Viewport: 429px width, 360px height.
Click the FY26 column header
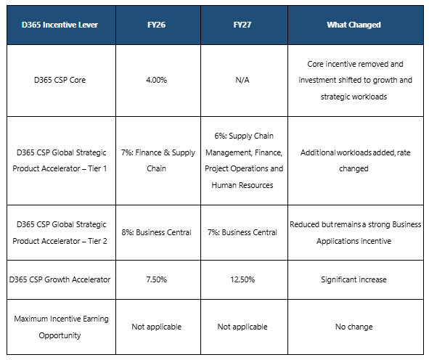(157, 25)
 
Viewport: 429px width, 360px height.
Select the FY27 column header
(242, 25)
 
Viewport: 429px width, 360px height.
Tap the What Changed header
(354, 25)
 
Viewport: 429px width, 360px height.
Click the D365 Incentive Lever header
(60, 25)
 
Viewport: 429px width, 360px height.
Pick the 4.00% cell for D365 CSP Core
(157, 80)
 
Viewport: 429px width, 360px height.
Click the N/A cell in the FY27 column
(242, 80)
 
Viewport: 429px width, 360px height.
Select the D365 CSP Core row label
(60, 80)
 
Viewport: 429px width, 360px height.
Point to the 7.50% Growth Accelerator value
(157, 279)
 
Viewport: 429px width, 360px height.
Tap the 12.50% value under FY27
(242, 279)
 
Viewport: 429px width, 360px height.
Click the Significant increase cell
(354, 279)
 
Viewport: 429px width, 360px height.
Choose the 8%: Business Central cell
(157, 232)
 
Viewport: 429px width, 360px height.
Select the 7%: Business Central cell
(242, 232)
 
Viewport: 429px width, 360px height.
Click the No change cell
(354, 327)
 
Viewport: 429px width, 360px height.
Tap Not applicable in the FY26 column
(157, 327)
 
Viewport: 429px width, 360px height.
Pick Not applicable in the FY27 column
(242, 327)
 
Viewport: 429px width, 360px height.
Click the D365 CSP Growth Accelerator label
(60, 279)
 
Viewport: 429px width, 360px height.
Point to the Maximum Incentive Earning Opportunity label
(61, 327)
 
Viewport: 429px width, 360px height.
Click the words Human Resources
(242, 185)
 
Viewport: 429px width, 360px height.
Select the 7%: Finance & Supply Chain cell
(158, 160)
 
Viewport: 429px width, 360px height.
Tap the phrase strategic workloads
(354, 97)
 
